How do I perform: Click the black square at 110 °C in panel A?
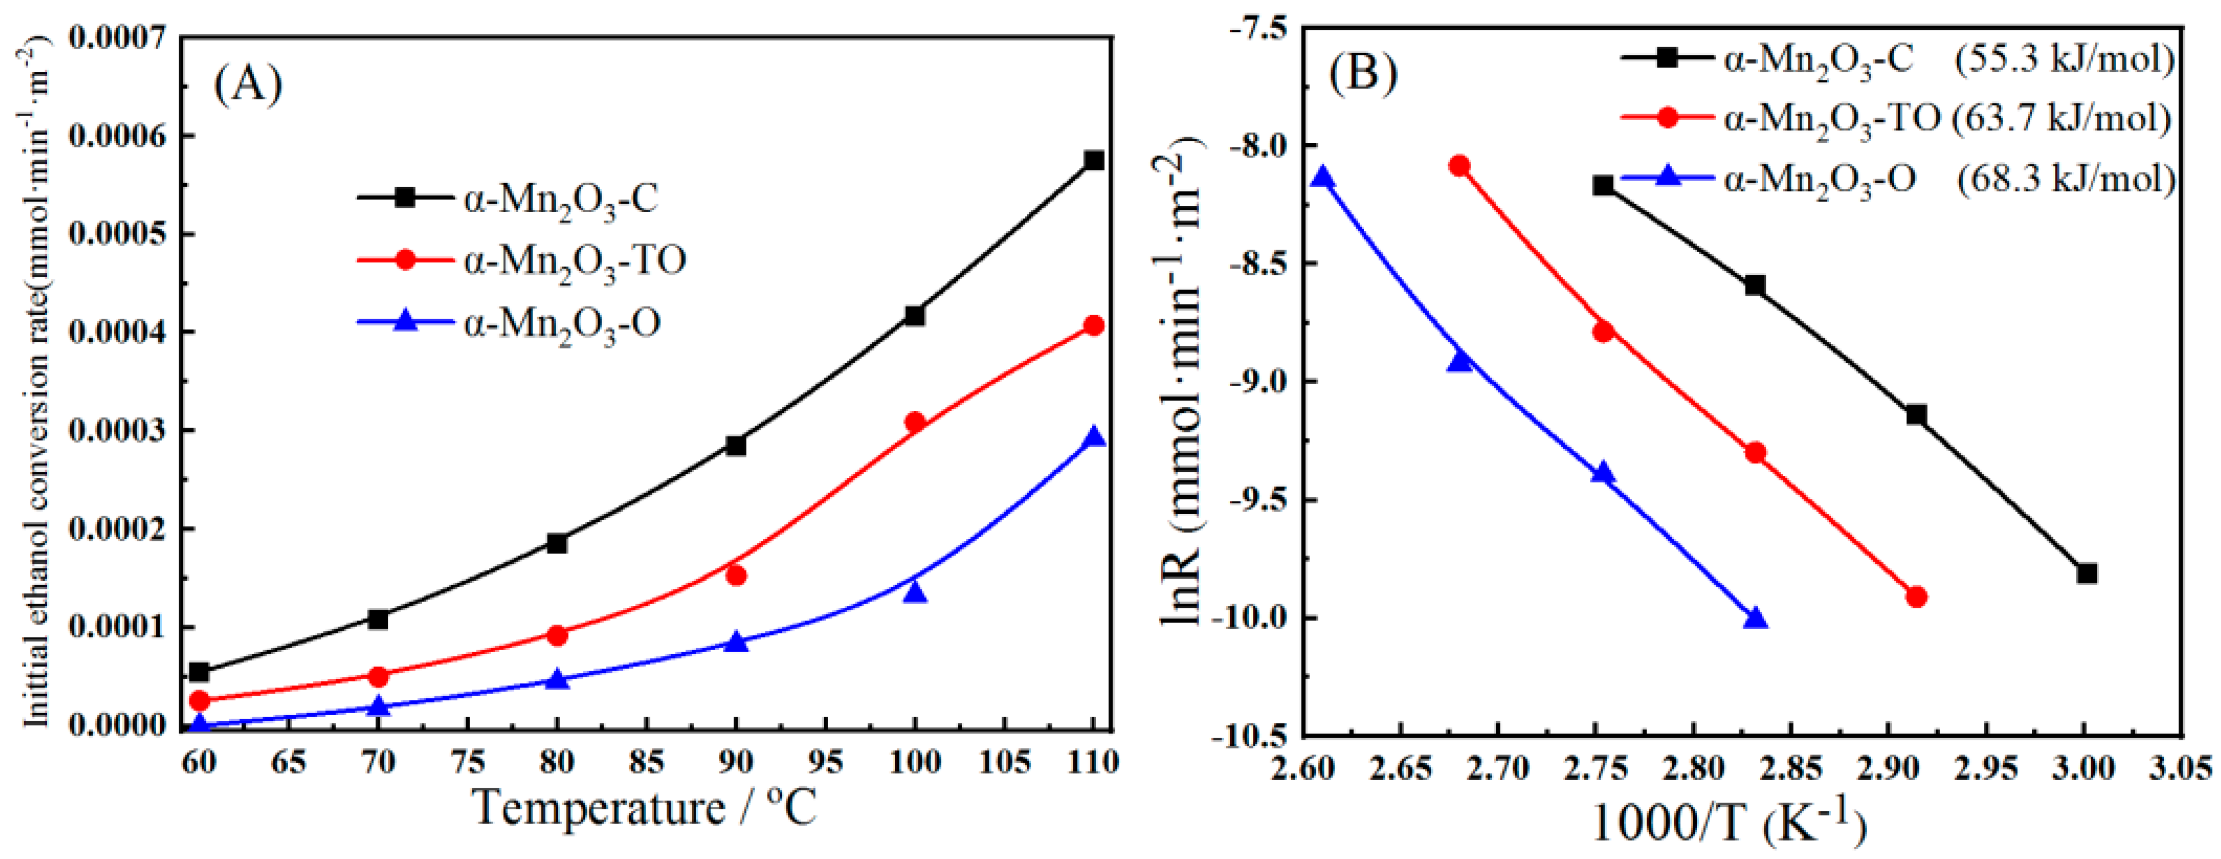click(1094, 161)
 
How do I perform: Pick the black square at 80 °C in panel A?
click(557, 544)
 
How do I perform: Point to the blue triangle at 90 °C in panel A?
click(736, 641)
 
